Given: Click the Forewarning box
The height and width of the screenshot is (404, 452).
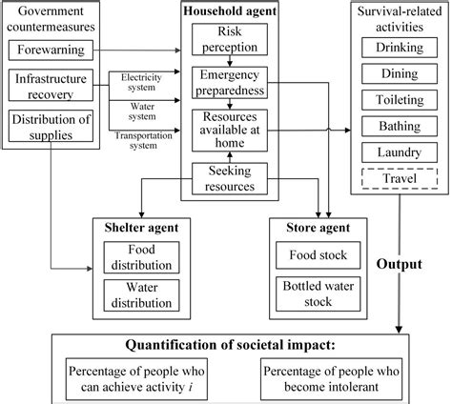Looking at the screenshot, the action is [x=51, y=50].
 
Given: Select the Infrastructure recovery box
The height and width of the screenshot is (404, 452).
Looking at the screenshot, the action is [x=51, y=85].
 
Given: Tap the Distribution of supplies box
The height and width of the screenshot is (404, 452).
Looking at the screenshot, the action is [x=51, y=126].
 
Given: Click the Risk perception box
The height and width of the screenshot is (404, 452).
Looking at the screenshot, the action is [x=230, y=39].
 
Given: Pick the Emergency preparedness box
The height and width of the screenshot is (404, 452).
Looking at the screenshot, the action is [x=230, y=83].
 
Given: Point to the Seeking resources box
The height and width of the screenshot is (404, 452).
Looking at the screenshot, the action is [x=230, y=179].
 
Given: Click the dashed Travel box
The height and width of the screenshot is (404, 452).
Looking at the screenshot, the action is [x=400, y=178].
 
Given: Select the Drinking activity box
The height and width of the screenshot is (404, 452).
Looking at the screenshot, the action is [x=400, y=48].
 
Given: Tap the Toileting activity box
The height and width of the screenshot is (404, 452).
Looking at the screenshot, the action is [x=400, y=100].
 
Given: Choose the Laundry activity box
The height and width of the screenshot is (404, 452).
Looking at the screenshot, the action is [x=400, y=152].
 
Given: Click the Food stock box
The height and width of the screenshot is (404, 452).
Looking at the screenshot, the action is [x=318, y=255].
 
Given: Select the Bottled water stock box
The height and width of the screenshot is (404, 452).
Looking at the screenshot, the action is [x=318, y=293].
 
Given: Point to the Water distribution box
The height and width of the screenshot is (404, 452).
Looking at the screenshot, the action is [x=141, y=295].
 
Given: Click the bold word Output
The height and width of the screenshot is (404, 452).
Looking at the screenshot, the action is [x=400, y=264].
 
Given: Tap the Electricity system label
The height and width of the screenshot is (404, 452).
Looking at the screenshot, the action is [x=141, y=82].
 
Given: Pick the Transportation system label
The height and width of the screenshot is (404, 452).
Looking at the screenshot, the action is [x=143, y=140].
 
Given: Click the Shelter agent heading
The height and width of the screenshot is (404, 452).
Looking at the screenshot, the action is [x=141, y=228].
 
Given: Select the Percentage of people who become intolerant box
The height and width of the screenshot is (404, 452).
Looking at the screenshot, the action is [x=331, y=379].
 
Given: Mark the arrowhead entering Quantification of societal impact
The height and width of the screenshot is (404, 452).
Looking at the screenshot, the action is [x=400, y=330].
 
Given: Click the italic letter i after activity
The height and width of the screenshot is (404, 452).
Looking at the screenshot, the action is [x=190, y=387].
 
